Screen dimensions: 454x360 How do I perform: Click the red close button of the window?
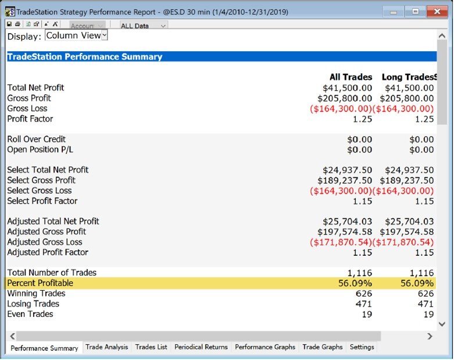click(x=437, y=12)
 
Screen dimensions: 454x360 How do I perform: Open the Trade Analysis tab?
click(x=106, y=347)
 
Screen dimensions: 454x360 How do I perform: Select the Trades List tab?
click(x=151, y=347)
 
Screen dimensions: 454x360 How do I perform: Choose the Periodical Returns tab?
click(x=201, y=347)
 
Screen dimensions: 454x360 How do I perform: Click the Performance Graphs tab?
click(x=265, y=347)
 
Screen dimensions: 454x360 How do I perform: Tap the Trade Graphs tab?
click(x=322, y=347)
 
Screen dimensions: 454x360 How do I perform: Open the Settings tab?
click(x=362, y=347)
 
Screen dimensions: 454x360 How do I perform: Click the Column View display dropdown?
click(x=76, y=35)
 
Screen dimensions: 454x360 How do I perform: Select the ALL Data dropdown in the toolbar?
click(x=144, y=26)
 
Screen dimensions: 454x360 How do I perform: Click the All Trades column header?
click(x=351, y=77)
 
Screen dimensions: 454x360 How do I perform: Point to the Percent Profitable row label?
click(x=40, y=283)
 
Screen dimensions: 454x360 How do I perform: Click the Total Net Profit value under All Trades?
click(x=347, y=88)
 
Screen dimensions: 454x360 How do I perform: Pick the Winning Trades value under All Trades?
click(x=364, y=294)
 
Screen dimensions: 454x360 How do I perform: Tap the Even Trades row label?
click(x=30, y=314)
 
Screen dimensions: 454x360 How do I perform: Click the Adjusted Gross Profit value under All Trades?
click(x=345, y=231)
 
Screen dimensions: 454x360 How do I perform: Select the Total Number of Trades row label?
click(x=52, y=273)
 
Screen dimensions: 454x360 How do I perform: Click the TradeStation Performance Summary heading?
click(x=85, y=56)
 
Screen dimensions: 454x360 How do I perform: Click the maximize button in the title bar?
click(x=416, y=12)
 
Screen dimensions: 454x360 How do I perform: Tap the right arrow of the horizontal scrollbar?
click(x=430, y=336)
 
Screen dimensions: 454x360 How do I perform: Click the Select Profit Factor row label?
click(x=42, y=201)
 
